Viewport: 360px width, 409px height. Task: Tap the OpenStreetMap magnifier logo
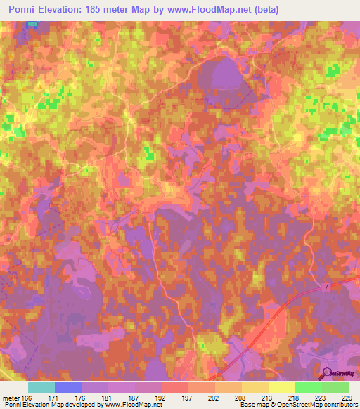click(328, 373)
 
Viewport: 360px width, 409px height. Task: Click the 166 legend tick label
click(27, 398)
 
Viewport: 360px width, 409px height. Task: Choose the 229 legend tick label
click(346, 398)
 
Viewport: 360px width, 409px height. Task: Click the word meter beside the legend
click(10, 398)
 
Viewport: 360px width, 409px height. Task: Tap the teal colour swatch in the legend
click(41, 387)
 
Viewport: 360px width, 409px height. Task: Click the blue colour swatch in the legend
click(67, 387)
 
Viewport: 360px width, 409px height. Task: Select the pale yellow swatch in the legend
click(281, 387)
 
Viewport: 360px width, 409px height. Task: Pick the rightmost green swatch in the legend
click(335, 387)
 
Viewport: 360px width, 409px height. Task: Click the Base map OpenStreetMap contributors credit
click(297, 405)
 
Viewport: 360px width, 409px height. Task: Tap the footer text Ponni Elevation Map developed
click(56, 405)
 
